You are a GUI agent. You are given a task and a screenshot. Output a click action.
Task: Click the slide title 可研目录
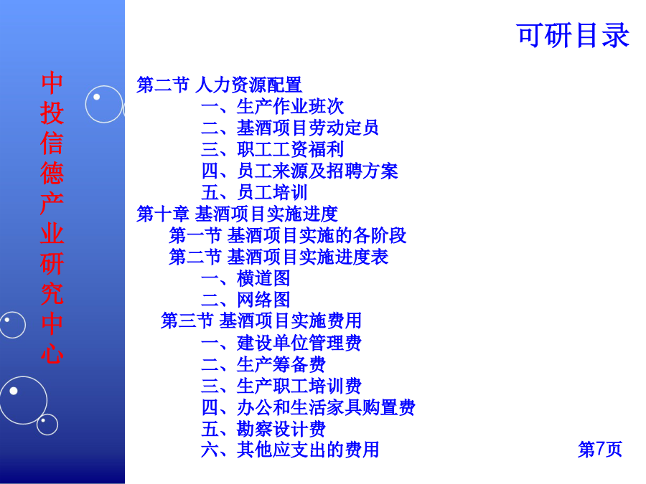click(x=573, y=35)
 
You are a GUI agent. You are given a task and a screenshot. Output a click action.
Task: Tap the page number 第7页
click(x=600, y=449)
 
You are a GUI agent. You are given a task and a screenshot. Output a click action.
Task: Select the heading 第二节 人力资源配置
click(x=219, y=85)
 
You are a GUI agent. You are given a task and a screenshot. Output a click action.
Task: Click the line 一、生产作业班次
click(x=272, y=107)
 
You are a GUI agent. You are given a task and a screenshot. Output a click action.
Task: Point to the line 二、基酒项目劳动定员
click(x=290, y=128)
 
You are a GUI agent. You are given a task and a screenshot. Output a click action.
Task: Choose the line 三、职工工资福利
click(x=272, y=149)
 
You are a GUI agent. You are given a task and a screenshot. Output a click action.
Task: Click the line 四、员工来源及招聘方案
click(x=299, y=171)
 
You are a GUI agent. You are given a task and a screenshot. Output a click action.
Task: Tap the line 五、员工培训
click(x=254, y=192)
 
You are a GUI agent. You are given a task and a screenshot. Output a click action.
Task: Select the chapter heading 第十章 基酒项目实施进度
click(x=238, y=214)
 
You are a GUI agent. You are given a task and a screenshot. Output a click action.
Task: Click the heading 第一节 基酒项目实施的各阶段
click(x=288, y=235)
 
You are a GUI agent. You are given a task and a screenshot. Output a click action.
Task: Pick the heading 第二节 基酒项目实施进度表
click(x=278, y=257)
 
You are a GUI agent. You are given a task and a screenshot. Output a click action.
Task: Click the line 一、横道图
click(x=245, y=278)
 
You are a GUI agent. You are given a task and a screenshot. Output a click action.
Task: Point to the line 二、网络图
click(x=245, y=300)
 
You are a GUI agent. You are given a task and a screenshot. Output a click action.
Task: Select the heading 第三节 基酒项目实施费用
click(x=261, y=321)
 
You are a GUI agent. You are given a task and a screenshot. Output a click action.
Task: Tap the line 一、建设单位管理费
click(x=281, y=343)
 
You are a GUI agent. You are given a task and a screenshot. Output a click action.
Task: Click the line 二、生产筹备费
click(x=263, y=364)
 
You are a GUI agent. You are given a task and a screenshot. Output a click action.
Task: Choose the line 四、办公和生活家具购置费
click(x=308, y=407)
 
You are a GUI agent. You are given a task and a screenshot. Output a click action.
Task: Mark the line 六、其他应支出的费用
click(x=290, y=450)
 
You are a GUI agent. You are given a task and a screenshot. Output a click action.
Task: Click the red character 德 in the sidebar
click(x=52, y=173)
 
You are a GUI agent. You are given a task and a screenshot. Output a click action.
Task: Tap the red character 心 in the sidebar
click(x=52, y=353)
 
